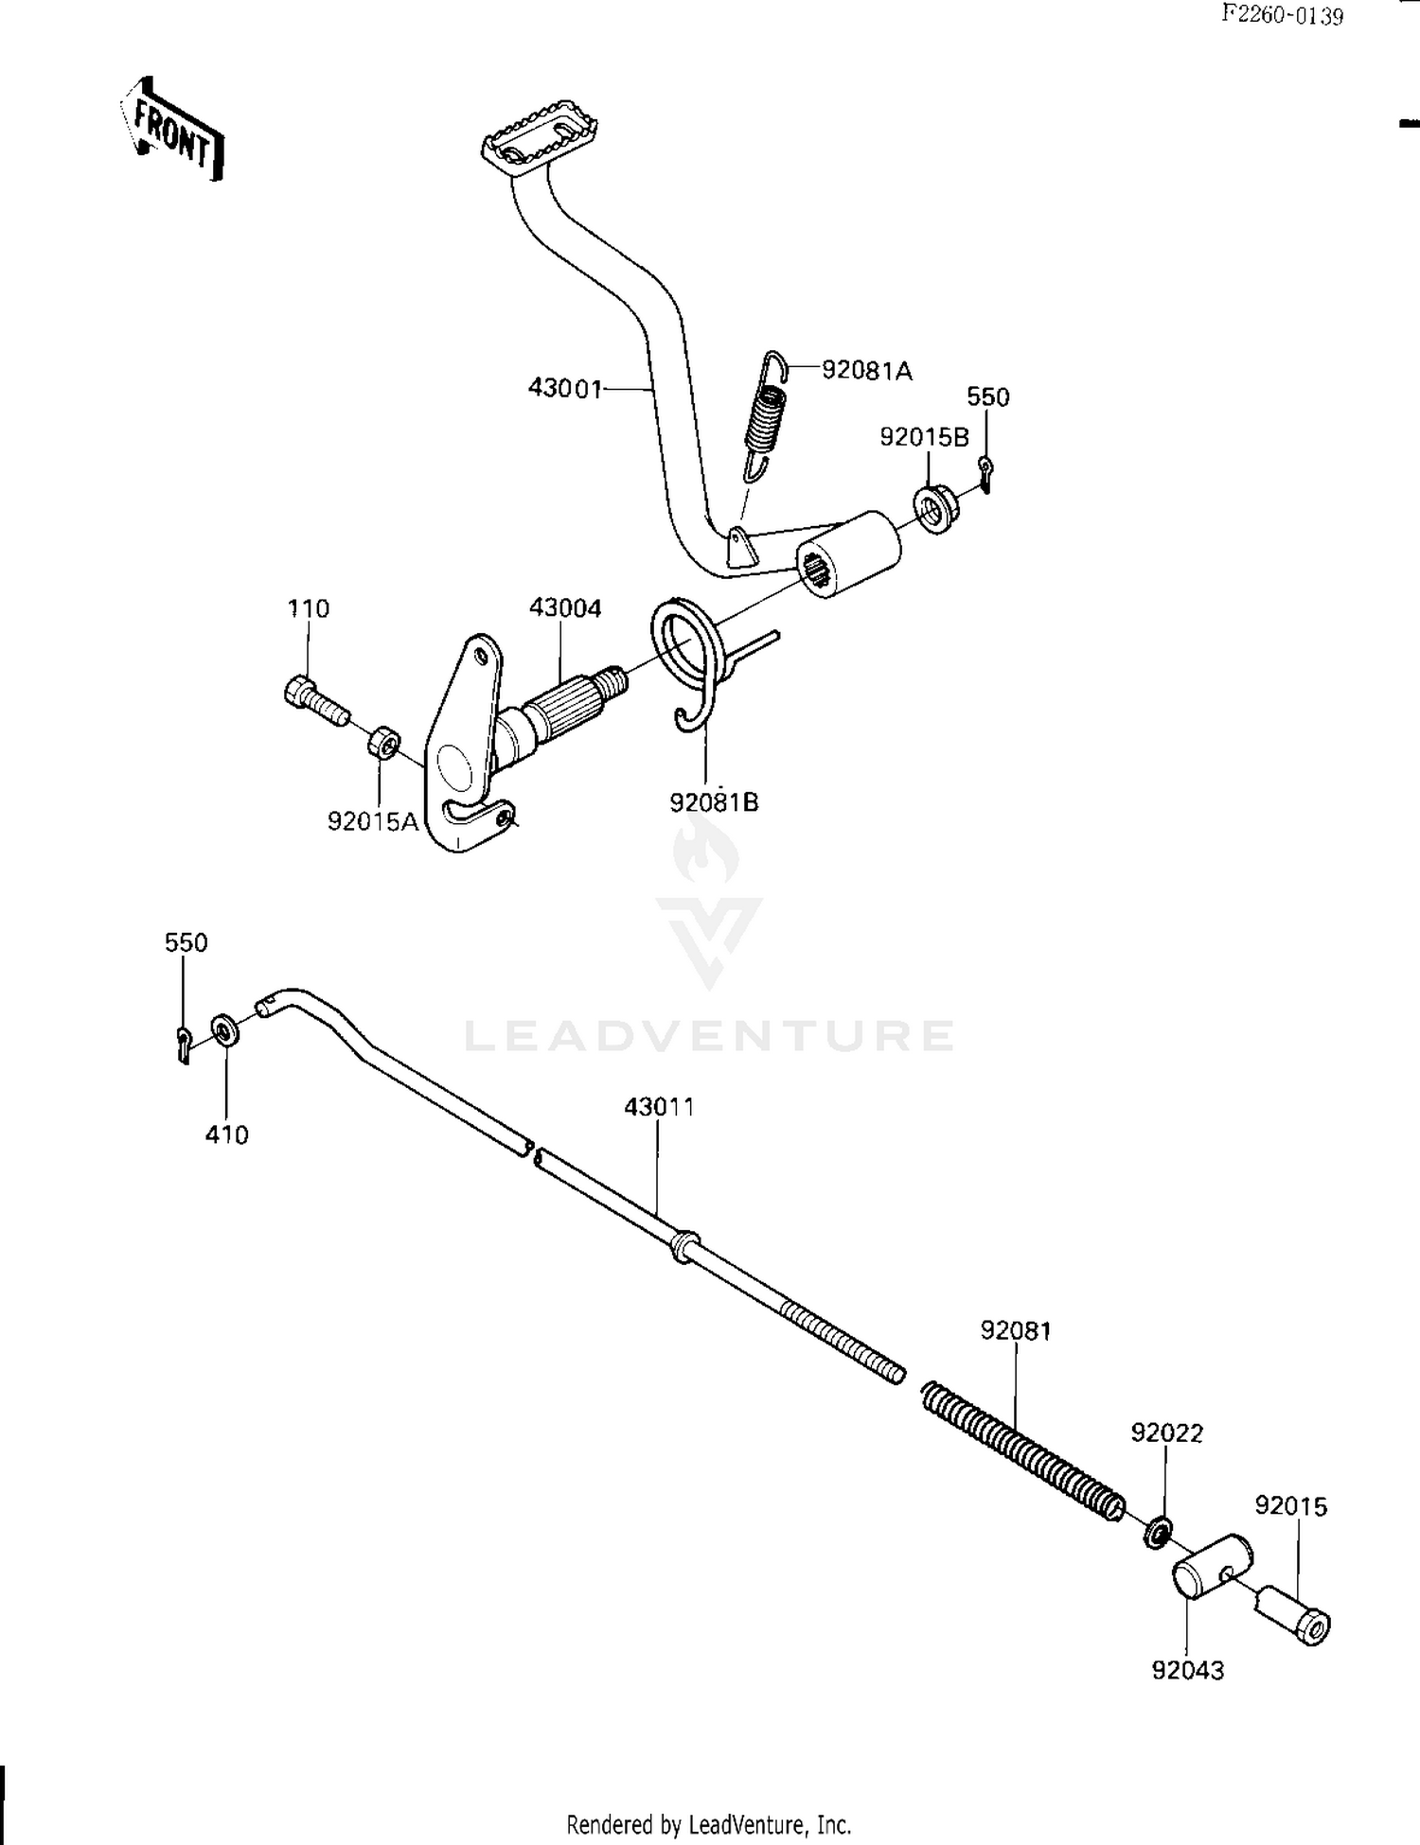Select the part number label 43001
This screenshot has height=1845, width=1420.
(564, 388)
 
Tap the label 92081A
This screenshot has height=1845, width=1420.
(866, 371)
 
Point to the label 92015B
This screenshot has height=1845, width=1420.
(924, 437)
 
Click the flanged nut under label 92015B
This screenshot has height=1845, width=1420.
(936, 508)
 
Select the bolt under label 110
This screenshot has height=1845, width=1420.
(315, 702)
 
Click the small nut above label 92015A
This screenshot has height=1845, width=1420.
(383, 741)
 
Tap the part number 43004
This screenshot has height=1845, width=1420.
(565, 607)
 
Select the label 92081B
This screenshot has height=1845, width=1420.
(714, 802)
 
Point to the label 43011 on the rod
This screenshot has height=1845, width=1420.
(659, 1106)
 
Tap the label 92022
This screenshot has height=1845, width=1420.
(1166, 1432)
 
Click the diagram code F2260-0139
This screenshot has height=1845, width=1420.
(1282, 15)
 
